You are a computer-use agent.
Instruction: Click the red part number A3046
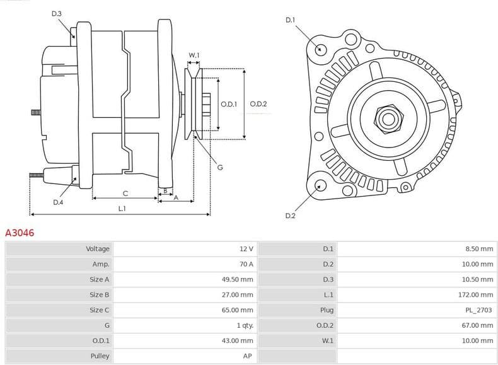tap(20, 233)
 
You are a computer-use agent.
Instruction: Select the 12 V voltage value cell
tap(246, 249)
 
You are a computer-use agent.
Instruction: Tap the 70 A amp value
tap(246, 264)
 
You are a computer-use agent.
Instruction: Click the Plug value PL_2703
tap(478, 310)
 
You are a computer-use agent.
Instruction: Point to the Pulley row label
tap(100, 356)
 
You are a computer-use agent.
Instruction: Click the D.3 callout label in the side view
tap(57, 13)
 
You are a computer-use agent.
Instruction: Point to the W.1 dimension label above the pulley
tap(194, 55)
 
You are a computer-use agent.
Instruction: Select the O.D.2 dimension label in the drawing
tap(258, 104)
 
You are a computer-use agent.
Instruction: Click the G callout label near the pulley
tap(219, 167)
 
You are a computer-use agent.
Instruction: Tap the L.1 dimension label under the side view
tap(122, 208)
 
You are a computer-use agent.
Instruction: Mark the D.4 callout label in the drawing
tap(58, 202)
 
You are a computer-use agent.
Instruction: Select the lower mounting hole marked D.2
tap(320, 185)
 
